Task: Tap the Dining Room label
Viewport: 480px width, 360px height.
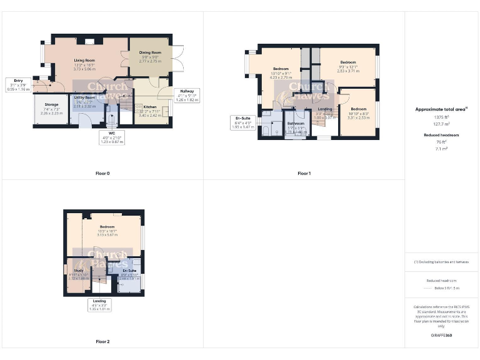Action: (x=150, y=52)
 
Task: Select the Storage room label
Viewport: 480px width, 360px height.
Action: (x=51, y=104)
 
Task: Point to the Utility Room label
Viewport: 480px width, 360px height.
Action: (x=84, y=97)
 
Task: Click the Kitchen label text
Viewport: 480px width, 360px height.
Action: (x=150, y=107)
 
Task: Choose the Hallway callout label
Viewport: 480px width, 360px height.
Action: (x=187, y=91)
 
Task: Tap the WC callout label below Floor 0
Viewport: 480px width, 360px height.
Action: (x=112, y=133)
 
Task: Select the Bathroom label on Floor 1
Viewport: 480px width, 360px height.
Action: (x=295, y=124)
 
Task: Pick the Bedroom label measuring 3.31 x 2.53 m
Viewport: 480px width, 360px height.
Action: (x=356, y=96)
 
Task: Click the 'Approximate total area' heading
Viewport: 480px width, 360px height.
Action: (x=441, y=109)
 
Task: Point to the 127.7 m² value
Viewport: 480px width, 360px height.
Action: (x=441, y=124)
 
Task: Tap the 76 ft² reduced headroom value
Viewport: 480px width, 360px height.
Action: (x=441, y=142)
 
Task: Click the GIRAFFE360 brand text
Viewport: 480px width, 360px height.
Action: (x=441, y=336)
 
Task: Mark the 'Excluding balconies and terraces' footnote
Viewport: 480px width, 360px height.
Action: (x=441, y=262)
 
